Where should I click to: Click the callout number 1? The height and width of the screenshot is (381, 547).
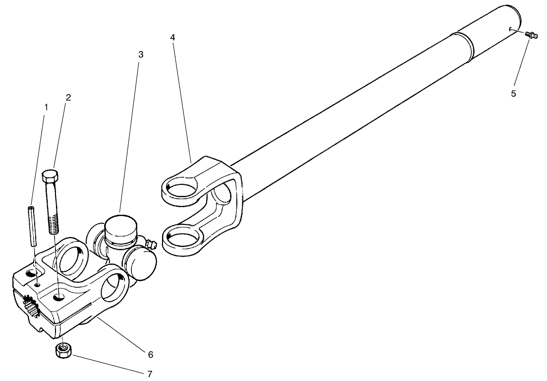(x=46, y=107)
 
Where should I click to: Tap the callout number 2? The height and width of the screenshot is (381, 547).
(x=68, y=97)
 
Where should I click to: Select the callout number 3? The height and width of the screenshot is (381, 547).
(x=141, y=54)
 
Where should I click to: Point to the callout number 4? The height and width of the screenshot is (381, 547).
(x=173, y=37)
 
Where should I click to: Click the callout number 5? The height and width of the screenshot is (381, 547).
(x=513, y=93)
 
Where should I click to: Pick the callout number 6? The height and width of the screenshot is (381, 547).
(x=150, y=354)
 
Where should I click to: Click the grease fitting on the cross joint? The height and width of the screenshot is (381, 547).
(x=151, y=243)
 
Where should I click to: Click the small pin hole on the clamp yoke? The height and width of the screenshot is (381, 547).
(x=38, y=284)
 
